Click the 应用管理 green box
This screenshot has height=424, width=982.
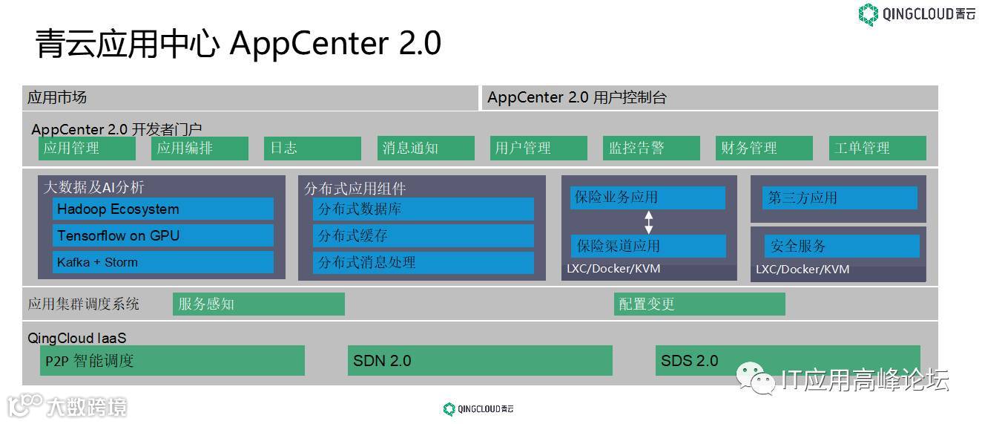tap(87, 148)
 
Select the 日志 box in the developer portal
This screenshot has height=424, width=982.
tap(312, 148)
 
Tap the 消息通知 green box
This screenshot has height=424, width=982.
tap(426, 148)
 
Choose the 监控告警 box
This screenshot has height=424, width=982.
tap(652, 148)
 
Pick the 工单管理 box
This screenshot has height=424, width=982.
tap(879, 148)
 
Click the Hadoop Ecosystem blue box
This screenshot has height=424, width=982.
tap(163, 209)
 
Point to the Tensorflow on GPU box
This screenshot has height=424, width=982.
tap(163, 235)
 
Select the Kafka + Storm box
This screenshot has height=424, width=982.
tap(163, 262)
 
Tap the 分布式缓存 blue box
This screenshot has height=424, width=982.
tap(423, 235)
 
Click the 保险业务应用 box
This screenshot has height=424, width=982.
tap(647, 198)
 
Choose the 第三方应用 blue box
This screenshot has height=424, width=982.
tap(840, 198)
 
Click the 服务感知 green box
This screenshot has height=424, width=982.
tap(259, 304)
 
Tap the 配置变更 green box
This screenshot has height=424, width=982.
tap(699, 304)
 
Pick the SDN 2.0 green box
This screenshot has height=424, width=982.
tap(480, 360)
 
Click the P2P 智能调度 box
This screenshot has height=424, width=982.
tap(172, 360)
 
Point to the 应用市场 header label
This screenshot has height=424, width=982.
tap(57, 97)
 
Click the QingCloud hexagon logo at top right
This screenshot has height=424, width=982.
tap(868, 14)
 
